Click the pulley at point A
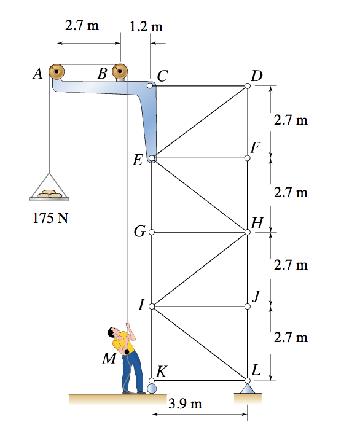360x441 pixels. point(57,72)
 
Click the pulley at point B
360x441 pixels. point(120,72)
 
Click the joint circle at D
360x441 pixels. point(248,86)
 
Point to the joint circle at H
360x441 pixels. point(248,232)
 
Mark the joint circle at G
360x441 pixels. point(151,232)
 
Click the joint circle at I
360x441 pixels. point(151,305)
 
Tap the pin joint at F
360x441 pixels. point(248,158)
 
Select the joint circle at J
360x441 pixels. point(248,305)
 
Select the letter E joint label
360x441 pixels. point(139,161)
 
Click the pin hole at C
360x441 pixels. point(151,86)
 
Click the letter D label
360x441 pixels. point(256,76)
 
